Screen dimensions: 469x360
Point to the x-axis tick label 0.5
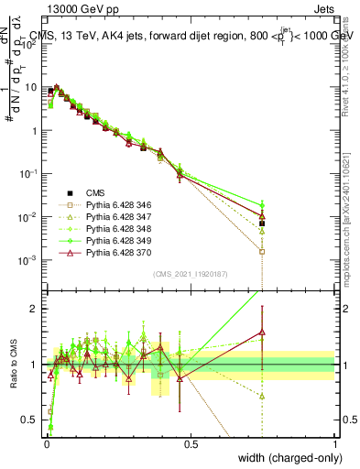(191, 444)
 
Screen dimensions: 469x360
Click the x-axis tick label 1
(334, 444)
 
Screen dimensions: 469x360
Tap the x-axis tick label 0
(46, 444)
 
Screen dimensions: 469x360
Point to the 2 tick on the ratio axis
(35, 309)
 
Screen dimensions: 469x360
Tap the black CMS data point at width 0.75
(262, 223)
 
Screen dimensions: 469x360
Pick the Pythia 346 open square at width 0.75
(262, 251)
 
